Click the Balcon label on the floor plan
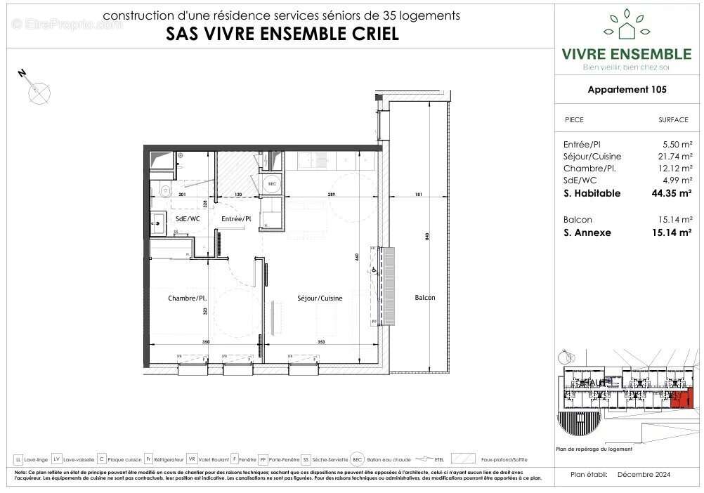click(424, 298)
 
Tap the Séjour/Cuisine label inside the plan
click(320, 298)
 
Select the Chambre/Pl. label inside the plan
click(185, 298)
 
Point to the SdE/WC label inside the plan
click(188, 219)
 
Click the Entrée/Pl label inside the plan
click(236, 219)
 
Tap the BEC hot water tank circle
click(272, 183)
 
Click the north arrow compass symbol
click(39, 91)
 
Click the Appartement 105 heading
click(627, 89)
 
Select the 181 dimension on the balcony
click(419, 195)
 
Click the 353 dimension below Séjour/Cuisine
click(321, 342)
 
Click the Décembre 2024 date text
click(644, 475)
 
